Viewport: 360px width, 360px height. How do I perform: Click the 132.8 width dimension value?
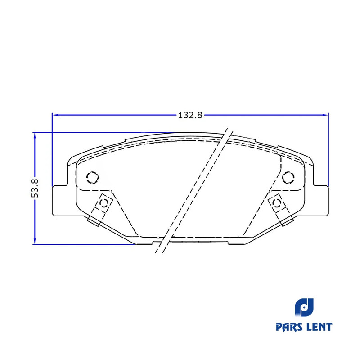tap(190, 115)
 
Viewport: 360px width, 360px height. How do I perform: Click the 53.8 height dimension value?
tap(35, 188)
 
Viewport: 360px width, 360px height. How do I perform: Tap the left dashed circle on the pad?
tap(93, 177)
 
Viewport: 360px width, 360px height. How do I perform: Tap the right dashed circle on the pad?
tap(288, 177)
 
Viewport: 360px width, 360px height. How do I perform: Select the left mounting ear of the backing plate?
tap(60, 200)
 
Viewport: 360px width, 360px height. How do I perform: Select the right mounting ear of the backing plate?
tap(321, 200)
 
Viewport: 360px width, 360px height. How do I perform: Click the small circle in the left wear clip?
tap(104, 203)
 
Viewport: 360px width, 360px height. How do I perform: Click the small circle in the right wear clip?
tap(276, 203)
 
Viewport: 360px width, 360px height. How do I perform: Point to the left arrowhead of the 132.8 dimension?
tap(55, 115)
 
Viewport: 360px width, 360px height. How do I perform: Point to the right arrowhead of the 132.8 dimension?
tap(325, 115)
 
